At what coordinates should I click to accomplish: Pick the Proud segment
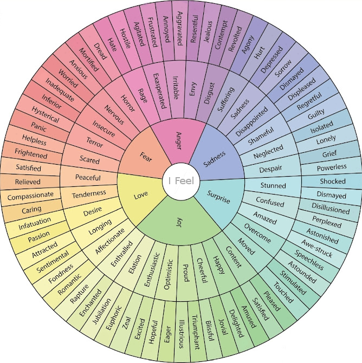(185, 270)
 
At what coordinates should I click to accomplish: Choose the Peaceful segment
(88, 177)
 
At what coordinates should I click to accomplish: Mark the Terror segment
(95, 142)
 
